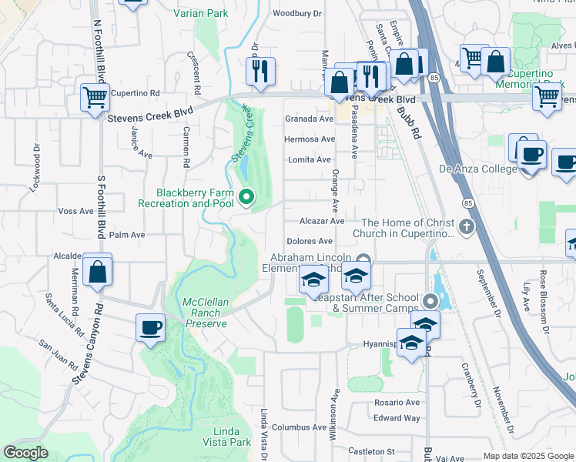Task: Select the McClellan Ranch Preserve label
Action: coord(205,313)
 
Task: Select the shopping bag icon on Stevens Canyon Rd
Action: coord(98,271)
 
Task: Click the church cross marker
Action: coord(465,227)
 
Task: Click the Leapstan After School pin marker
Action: coord(430,301)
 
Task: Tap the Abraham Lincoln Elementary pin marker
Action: coord(364,259)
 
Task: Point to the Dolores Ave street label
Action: coord(309,241)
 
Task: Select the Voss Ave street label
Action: coord(75,210)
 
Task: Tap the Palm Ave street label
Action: coord(128,234)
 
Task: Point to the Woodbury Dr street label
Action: coord(296,13)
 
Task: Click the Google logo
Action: coord(25,453)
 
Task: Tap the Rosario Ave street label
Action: coord(397,402)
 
